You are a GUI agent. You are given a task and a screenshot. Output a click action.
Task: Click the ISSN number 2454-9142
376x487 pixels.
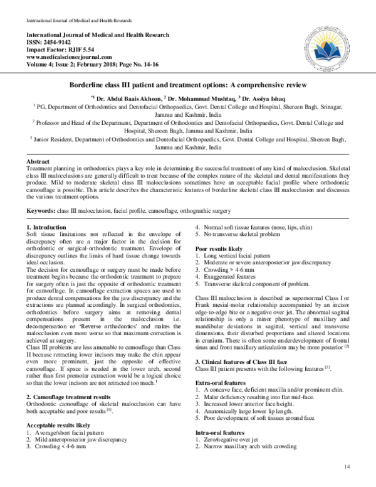click(50, 40)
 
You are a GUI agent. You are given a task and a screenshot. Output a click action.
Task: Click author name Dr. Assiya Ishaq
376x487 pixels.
click(264, 98)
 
